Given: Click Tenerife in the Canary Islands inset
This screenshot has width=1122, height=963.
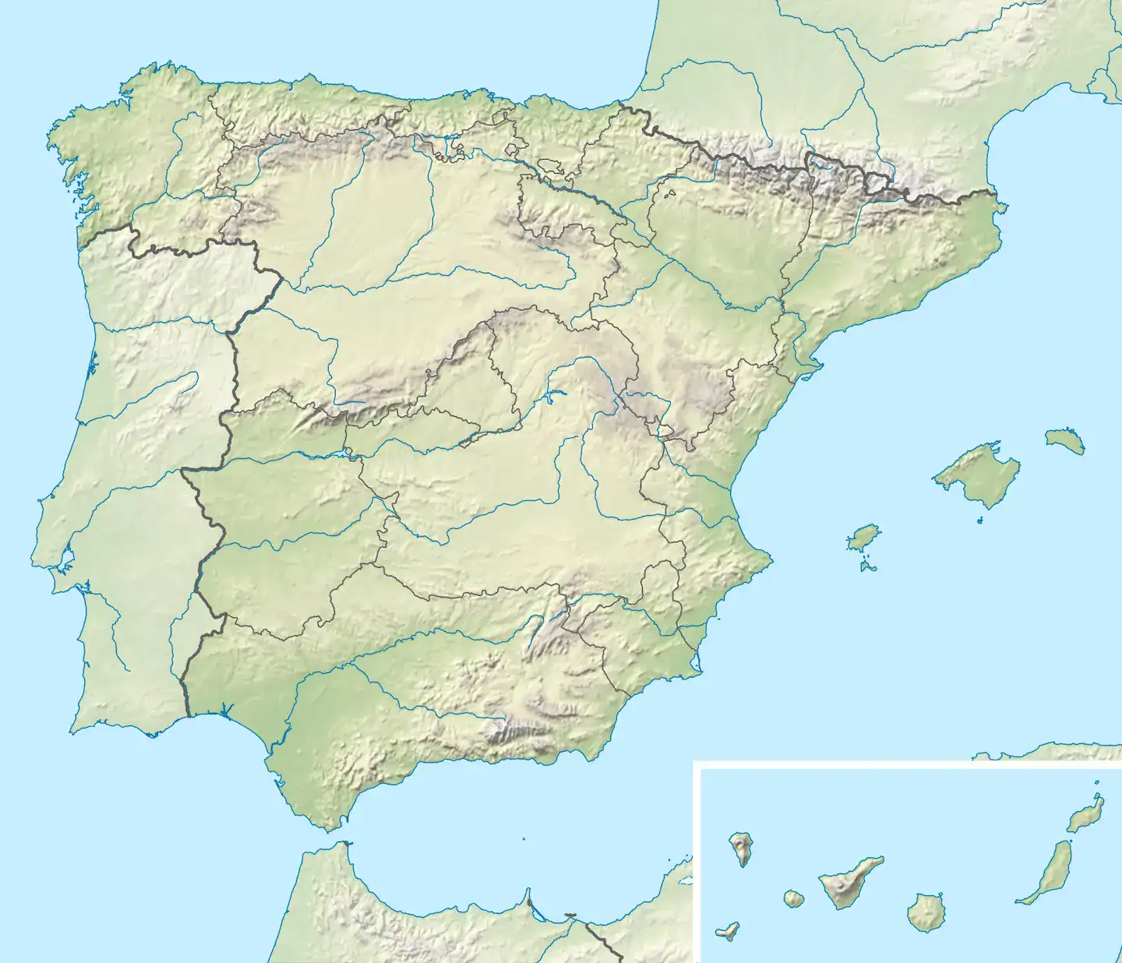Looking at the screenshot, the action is click(849, 884).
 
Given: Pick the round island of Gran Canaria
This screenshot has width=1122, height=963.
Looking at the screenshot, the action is click(925, 912).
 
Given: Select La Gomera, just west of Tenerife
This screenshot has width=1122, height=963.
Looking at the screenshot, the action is click(793, 898).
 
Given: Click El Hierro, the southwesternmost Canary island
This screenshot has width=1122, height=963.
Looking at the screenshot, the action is click(728, 931).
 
